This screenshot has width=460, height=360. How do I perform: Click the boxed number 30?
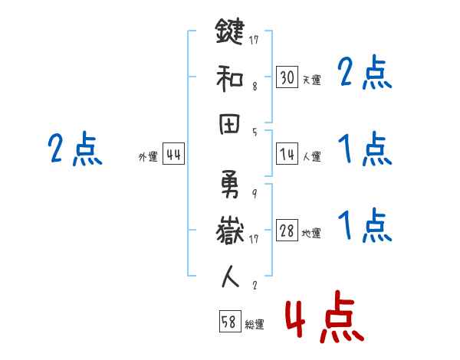click(287, 77)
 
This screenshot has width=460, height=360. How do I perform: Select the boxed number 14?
click(287, 154)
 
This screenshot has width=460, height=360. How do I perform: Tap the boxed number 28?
click(287, 231)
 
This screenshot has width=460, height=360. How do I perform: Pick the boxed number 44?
click(173, 155)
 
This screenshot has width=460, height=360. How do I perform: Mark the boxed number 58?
click(228, 322)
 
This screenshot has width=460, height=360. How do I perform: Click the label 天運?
click(311, 80)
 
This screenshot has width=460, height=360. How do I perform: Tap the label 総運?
click(254, 325)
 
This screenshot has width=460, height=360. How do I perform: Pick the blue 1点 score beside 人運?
click(364, 149)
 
